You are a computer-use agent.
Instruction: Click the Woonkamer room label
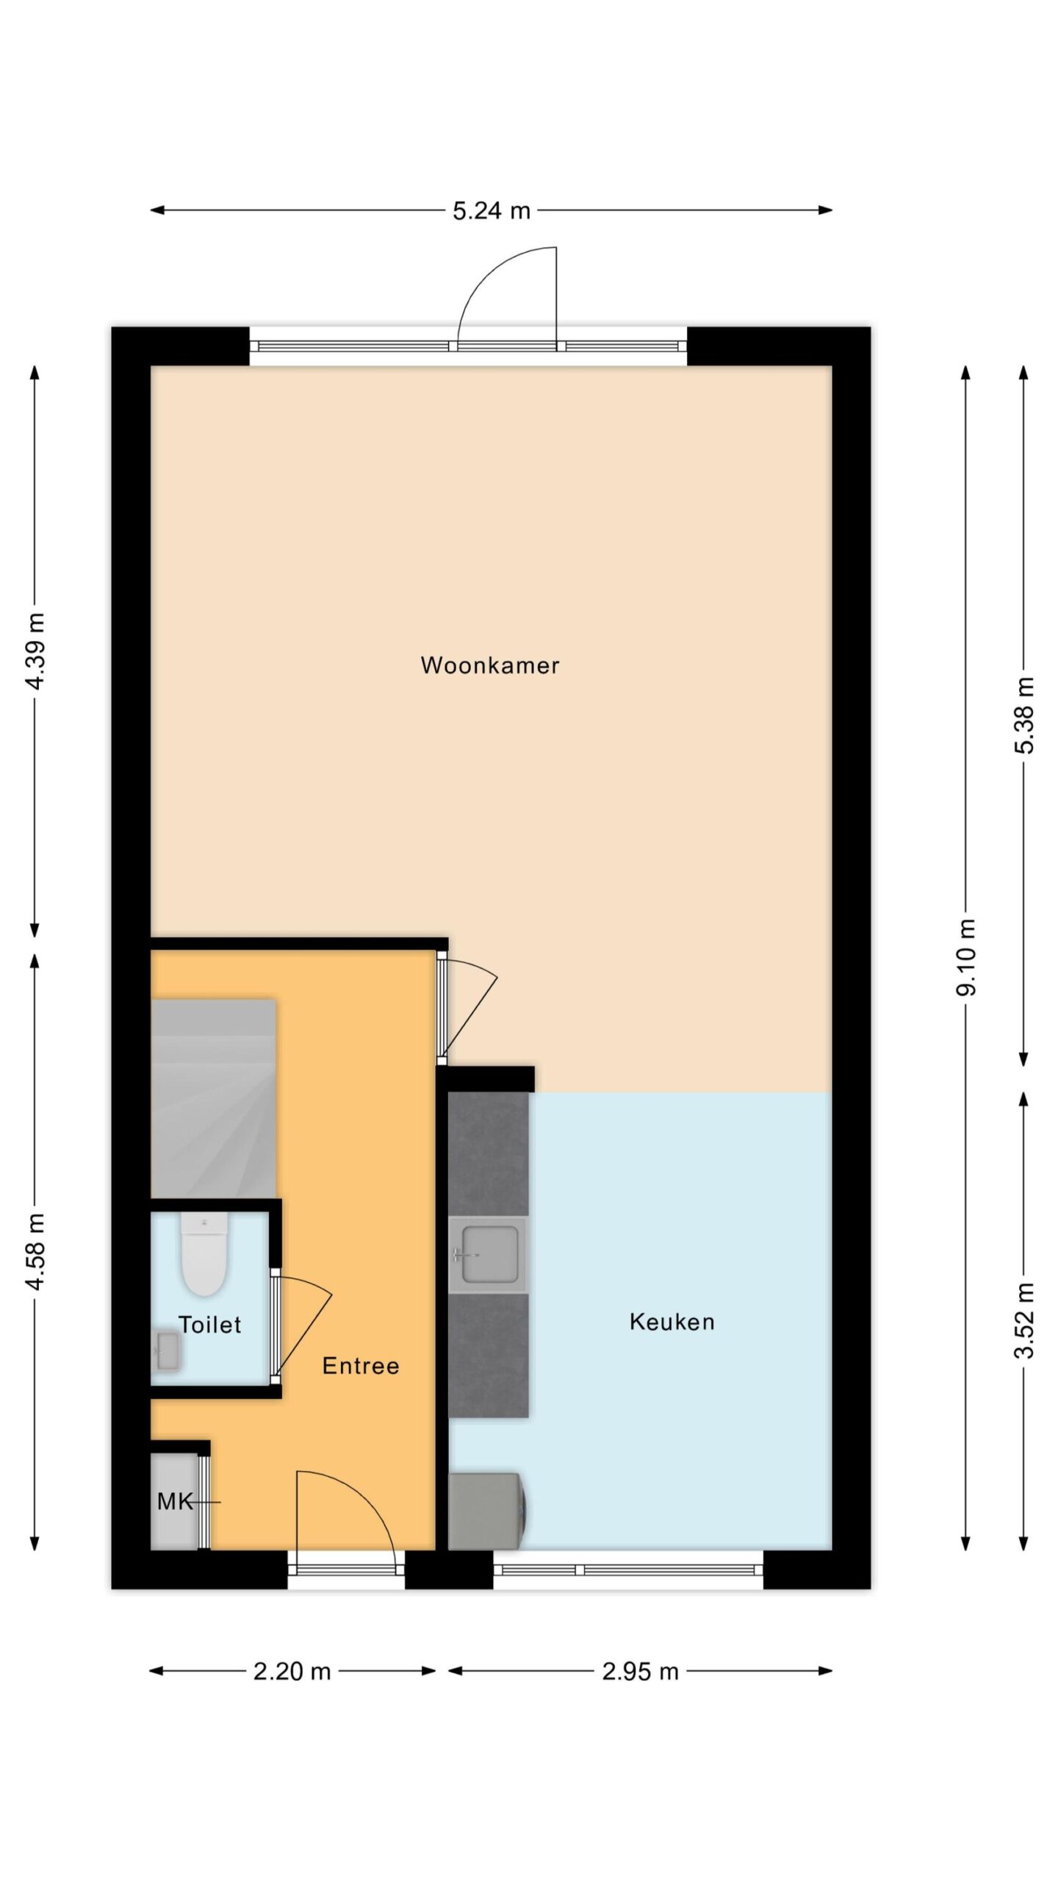(x=489, y=665)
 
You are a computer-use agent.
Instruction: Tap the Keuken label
(x=672, y=1322)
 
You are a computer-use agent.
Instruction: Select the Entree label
(x=361, y=1366)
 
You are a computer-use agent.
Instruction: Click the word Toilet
(x=209, y=1325)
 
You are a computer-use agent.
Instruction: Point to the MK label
(x=175, y=1501)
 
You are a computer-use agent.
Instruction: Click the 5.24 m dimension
(x=491, y=211)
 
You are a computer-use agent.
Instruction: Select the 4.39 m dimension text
(x=35, y=651)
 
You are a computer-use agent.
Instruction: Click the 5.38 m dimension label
(x=1024, y=715)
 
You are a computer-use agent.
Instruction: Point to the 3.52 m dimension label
(x=1024, y=1321)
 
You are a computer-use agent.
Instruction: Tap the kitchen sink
(x=488, y=1255)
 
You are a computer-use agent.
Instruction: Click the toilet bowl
(x=204, y=1253)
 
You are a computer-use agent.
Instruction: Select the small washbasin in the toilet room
(x=168, y=1351)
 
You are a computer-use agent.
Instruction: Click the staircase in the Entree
(x=213, y=1098)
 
